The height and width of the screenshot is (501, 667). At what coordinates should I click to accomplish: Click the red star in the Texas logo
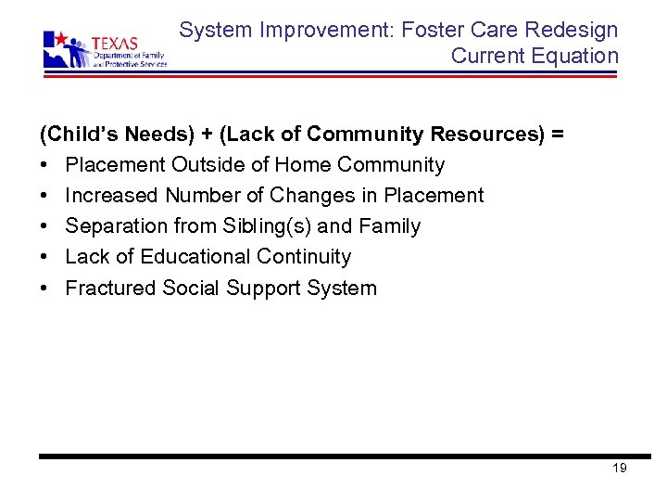(x=62, y=40)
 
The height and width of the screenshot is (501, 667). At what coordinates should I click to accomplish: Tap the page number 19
(x=620, y=468)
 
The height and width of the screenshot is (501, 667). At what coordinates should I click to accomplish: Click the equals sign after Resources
(x=557, y=135)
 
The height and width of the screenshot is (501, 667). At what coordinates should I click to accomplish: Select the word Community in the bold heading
(x=366, y=135)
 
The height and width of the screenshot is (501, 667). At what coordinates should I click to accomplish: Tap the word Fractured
(x=111, y=288)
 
